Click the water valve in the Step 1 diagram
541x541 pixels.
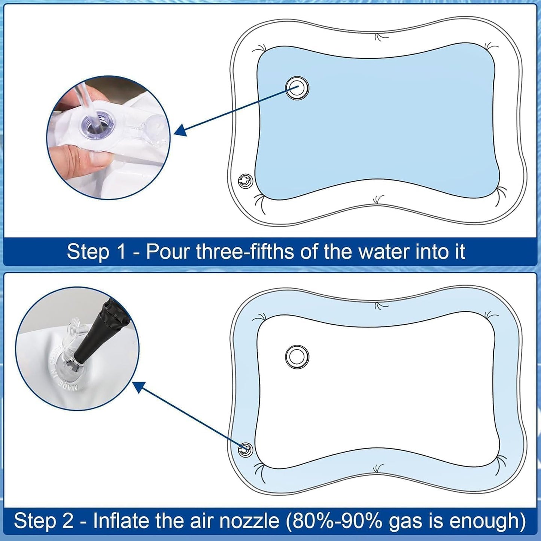pyautogui.click(x=297, y=88)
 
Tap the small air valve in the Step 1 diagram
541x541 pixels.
pyautogui.click(x=245, y=182)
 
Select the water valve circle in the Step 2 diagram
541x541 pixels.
pyautogui.click(x=297, y=357)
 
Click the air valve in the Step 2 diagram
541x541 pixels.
pyautogui.click(x=245, y=449)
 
